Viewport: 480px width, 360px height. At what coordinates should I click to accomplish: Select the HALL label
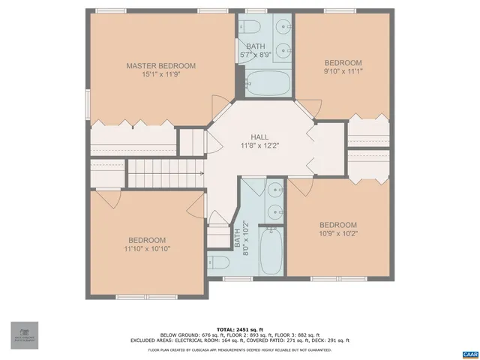point(259,136)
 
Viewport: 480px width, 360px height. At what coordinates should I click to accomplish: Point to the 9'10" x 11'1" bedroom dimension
point(343,71)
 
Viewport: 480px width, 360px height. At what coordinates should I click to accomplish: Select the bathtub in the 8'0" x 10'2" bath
point(271,251)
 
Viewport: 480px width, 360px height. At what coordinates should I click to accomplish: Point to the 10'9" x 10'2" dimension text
point(337,233)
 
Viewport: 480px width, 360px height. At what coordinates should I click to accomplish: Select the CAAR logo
point(469,352)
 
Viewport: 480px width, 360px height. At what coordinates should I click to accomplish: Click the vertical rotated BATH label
point(237,238)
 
